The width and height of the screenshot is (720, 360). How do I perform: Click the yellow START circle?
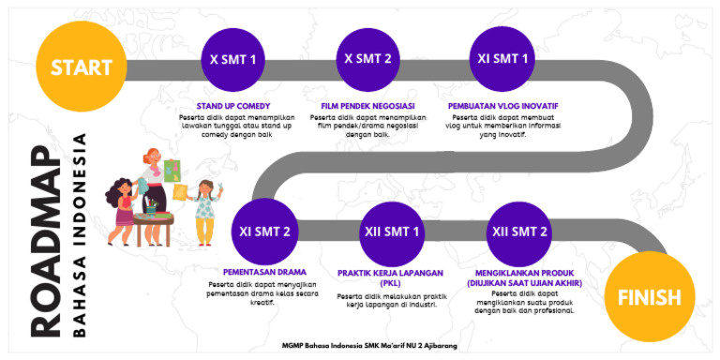pyautogui.click(x=81, y=67)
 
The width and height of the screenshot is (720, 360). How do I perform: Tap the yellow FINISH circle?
pyautogui.click(x=649, y=298)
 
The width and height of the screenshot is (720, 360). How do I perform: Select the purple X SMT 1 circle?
pyautogui.click(x=233, y=59)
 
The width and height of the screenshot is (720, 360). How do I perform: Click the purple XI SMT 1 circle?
pyautogui.click(x=502, y=59)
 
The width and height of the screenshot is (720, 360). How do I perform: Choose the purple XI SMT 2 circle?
pyautogui.click(x=265, y=231)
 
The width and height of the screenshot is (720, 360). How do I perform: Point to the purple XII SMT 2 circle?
pyautogui.click(x=520, y=231)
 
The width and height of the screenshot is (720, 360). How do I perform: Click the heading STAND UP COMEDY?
pyautogui.click(x=234, y=105)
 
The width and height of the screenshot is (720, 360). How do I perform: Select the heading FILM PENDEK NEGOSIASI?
pyautogui.click(x=367, y=105)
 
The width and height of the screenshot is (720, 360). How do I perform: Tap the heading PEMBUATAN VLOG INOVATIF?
pyautogui.click(x=498, y=105)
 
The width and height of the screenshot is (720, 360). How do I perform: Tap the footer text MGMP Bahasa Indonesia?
pyautogui.click(x=370, y=345)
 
